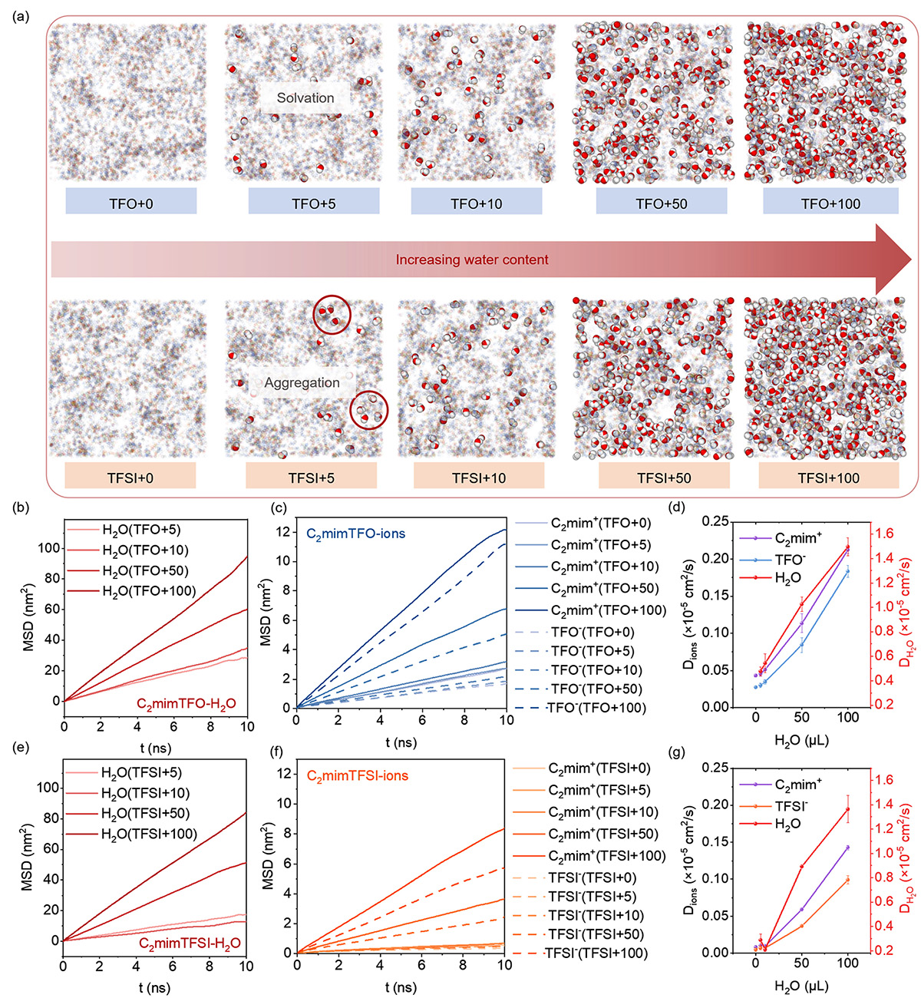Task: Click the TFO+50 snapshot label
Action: click(661, 204)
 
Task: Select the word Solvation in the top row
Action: click(305, 98)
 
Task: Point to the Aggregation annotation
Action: click(302, 383)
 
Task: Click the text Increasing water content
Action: click(472, 260)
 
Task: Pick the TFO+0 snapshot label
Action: click(131, 204)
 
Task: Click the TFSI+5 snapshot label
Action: click(311, 478)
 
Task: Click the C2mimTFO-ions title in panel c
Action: click(356, 533)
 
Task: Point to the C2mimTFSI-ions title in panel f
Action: click(358, 776)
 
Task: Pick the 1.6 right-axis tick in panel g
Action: click(885, 780)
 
